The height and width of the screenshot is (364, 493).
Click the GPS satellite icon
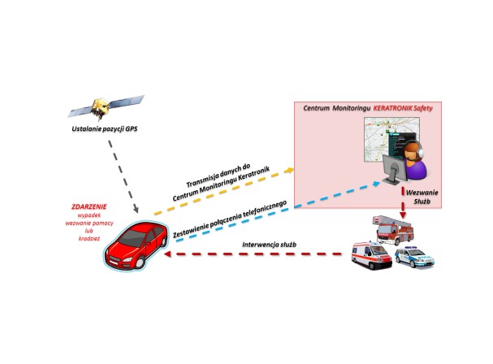coord(106,107)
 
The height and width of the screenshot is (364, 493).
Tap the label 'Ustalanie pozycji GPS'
coord(105,128)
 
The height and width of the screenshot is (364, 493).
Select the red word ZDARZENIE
coord(89,206)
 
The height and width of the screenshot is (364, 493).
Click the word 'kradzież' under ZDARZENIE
coord(89,238)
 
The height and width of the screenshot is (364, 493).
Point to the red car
coord(136,245)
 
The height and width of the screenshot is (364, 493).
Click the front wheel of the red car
coord(140,262)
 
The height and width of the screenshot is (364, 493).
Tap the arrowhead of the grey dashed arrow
coord(136,209)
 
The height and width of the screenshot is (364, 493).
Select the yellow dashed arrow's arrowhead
coord(289,170)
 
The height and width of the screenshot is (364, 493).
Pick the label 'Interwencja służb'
coord(269,245)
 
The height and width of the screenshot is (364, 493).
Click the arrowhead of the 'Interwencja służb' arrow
coord(167,253)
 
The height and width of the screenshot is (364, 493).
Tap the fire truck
coord(393,230)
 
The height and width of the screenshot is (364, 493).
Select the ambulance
coord(372,255)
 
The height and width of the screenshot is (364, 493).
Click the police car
coord(414,258)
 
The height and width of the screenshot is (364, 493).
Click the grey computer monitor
coord(394,169)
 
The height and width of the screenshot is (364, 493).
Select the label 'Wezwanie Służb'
coord(422,197)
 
